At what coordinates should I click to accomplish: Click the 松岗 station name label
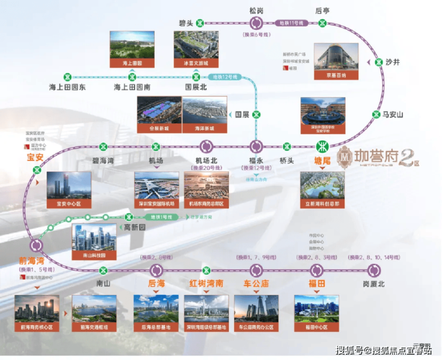coord(256,10)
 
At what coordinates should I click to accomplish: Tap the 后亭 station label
coord(323,10)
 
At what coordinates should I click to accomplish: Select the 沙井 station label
coord(392,61)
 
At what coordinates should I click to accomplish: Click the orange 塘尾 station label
coord(323,159)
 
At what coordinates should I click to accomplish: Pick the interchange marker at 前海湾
coord(37,245)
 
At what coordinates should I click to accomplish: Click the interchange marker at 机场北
coord(207,146)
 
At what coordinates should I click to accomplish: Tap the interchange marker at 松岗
coord(256,23)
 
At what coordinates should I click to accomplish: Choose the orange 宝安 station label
coord(35,158)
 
